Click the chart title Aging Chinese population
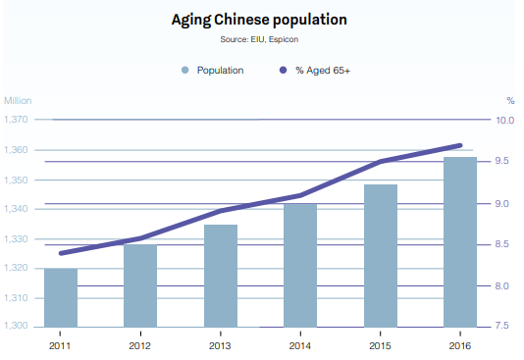(259, 20)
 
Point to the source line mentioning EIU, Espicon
(259, 39)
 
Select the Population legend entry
(213, 71)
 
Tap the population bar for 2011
(61, 297)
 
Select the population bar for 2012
(140, 285)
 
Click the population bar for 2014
(300, 265)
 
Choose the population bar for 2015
(381, 255)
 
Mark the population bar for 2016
(460, 241)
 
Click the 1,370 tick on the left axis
(17, 120)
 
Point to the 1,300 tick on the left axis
(17, 327)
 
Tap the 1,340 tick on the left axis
(17, 209)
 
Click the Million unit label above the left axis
(18, 100)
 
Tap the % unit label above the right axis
(510, 100)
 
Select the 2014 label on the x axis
(300, 345)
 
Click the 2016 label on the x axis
(460, 345)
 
